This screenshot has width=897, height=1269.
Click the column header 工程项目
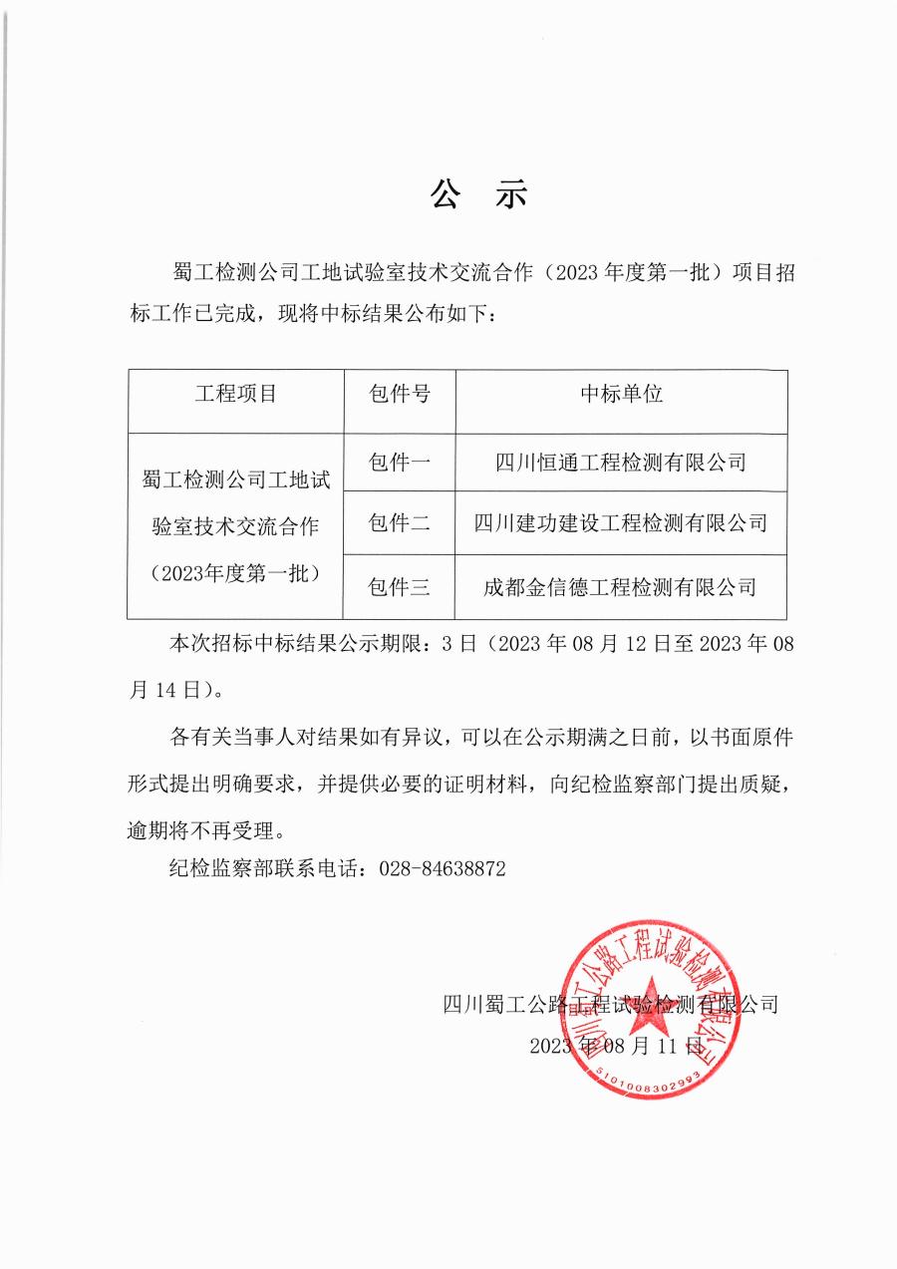[236, 394]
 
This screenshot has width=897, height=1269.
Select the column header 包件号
[399, 394]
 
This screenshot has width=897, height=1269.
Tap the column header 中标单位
[622, 394]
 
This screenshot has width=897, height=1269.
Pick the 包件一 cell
[399, 463]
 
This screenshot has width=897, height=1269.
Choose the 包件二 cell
[399, 522]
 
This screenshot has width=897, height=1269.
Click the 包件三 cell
[399, 587]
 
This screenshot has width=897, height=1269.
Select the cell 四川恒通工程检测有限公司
[622, 463]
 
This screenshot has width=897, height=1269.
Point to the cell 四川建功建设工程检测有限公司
[622, 522]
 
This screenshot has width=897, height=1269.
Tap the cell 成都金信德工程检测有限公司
[622, 587]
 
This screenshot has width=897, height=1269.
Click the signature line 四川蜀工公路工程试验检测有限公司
[610, 1004]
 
